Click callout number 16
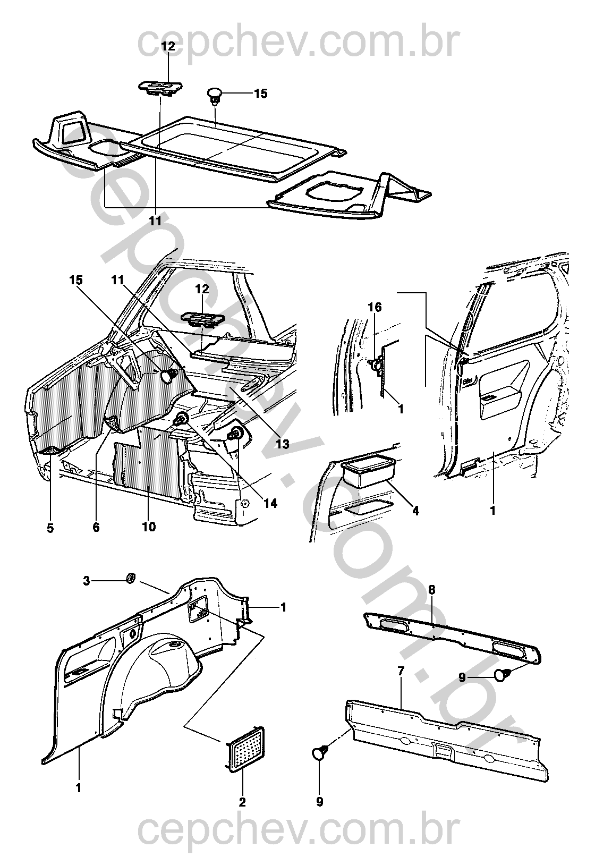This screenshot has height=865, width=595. pos(375,307)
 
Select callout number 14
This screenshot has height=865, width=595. pos(270,502)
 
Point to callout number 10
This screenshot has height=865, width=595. pos(149,527)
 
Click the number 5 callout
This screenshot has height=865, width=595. pos(50,528)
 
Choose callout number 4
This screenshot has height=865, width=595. pos(415,511)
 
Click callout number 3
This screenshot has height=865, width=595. pos(87,581)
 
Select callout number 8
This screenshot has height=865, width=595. pos(431,589)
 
